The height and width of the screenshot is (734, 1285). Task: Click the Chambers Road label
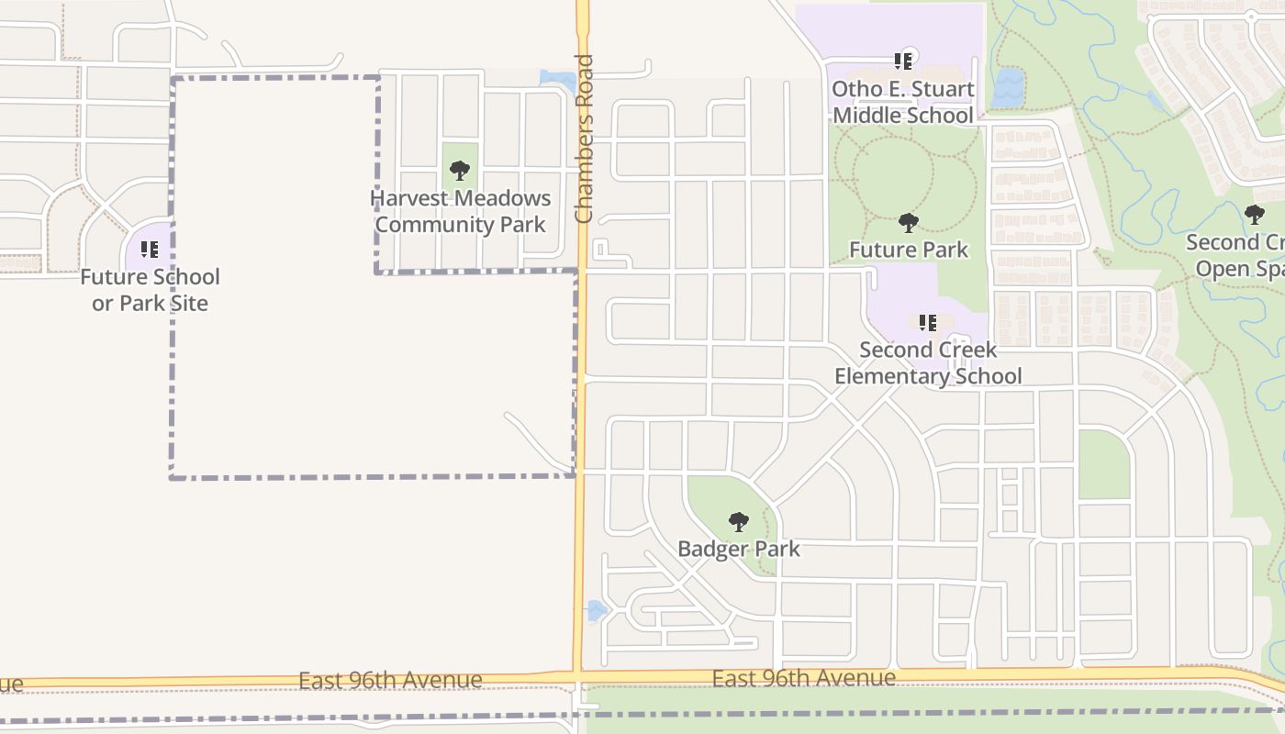[584, 139]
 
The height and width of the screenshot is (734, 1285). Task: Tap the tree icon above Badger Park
[739, 522]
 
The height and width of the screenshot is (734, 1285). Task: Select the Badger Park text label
[739, 549]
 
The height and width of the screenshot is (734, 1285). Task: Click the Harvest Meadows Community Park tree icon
[460, 170]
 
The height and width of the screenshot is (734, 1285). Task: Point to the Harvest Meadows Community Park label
[461, 211]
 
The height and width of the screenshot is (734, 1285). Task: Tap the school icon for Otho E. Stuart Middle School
[903, 61]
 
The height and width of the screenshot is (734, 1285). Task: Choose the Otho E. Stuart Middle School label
[903, 102]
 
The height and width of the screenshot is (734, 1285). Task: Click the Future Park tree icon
[909, 222]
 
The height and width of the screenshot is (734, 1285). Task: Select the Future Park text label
[909, 250]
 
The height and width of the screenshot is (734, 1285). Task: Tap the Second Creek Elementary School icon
[928, 322]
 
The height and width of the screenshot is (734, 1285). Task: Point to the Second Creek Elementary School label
[928, 362]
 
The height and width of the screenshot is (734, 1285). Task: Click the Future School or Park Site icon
[150, 249]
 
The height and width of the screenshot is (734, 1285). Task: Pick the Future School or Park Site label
[150, 290]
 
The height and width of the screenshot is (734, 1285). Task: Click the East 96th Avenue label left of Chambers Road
[390, 680]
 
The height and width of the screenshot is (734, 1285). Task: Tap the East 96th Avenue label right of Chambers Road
[804, 678]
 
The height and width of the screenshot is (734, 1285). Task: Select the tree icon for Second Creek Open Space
[1255, 215]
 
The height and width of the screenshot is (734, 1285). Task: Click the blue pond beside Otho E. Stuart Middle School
[1007, 87]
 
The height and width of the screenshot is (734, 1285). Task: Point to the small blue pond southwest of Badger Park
[596, 610]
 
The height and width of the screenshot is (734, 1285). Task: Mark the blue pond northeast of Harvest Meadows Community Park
[559, 80]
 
